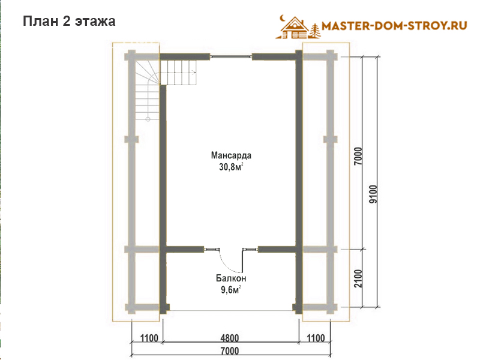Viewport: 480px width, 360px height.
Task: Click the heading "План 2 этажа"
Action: pos(69,22)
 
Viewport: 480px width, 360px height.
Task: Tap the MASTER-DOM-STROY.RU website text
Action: pos(395,26)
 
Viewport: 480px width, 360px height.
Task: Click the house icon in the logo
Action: pos(294,28)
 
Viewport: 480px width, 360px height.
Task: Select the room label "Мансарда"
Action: pos(231,155)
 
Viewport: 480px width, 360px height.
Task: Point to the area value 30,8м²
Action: pos(231,167)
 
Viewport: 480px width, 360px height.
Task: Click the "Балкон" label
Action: pos(231,278)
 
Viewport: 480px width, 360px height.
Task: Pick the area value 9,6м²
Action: pos(231,290)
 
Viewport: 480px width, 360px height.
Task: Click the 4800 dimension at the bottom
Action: pos(230,338)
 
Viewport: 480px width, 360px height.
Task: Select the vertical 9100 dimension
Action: pos(373,194)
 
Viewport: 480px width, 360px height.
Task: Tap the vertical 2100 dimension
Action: pos(358,278)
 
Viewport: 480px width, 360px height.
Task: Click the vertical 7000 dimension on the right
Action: pos(358,156)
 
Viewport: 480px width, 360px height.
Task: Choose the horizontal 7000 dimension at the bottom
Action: pos(230,351)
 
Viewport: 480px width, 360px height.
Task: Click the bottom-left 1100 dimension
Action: pos(149,338)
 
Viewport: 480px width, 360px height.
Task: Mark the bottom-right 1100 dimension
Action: pos(316,338)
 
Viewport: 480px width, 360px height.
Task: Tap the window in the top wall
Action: pos(231,56)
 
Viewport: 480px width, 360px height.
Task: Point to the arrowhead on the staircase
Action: pos(194,73)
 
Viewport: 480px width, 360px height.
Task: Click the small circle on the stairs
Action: pos(148,119)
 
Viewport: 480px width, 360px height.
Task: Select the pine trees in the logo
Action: pos(316,31)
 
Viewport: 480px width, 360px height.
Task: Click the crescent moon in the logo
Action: pos(282,18)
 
